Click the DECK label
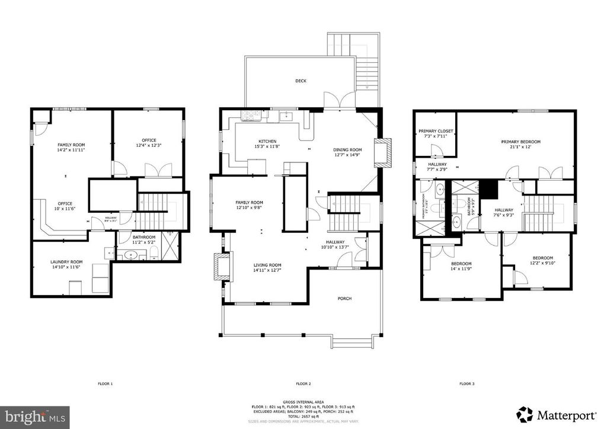click(301, 81)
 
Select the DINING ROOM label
click(347, 150)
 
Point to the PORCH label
click(344, 299)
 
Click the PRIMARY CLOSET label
click(436, 131)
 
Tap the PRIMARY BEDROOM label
click(520, 142)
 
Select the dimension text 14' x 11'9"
click(461, 269)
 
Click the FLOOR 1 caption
click(105, 384)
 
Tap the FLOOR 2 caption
click(303, 384)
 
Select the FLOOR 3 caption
click(467, 384)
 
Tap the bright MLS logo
click(36, 417)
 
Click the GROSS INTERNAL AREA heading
click(303, 402)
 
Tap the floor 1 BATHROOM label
click(143, 237)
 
